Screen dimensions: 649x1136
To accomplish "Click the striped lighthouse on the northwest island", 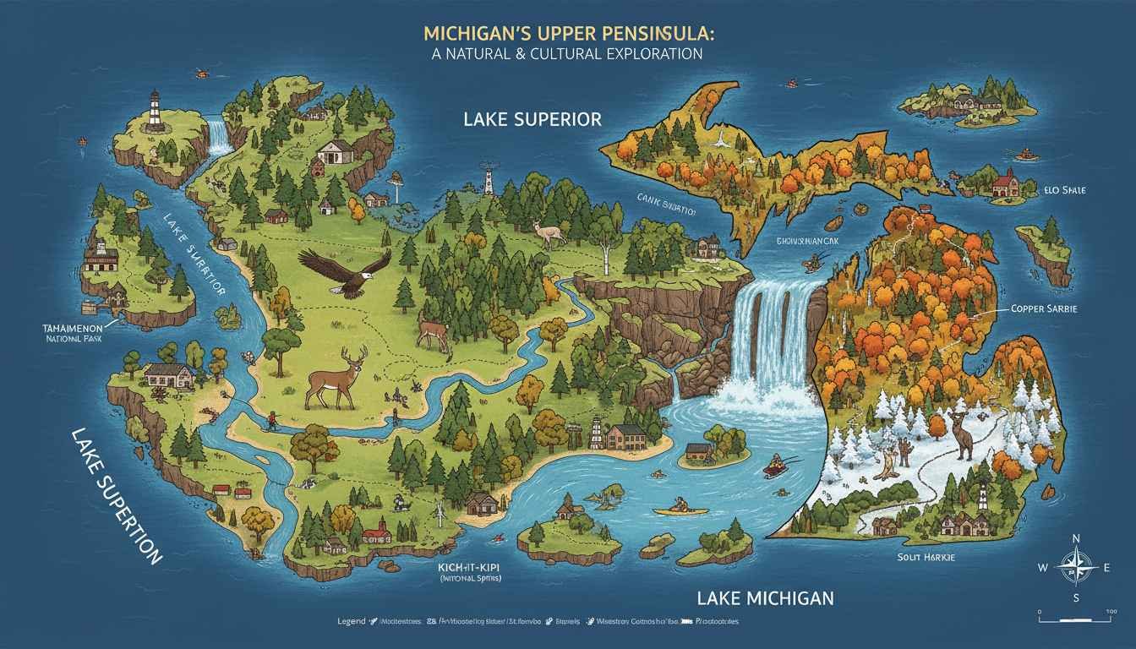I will (155, 112).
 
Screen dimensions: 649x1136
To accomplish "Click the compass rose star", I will (1077, 567).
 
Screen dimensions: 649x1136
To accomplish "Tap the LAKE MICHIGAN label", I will (765, 598).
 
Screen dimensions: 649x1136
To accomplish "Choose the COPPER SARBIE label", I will (1044, 309).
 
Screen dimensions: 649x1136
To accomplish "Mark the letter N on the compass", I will (1076, 538).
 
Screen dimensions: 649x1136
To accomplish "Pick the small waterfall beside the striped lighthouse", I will (221, 137).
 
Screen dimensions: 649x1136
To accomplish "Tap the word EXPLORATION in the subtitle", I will (647, 53).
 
